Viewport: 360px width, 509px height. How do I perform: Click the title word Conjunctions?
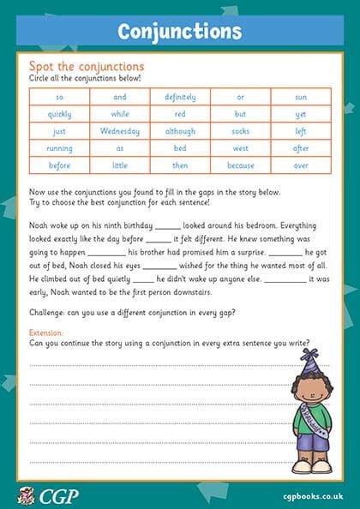click(180, 31)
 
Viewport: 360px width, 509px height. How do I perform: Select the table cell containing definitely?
click(180, 98)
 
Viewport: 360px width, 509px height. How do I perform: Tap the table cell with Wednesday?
click(120, 131)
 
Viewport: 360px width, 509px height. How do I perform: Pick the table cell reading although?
click(180, 131)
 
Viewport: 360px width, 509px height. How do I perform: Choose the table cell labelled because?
click(240, 165)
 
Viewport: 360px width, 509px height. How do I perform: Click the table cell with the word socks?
click(240, 131)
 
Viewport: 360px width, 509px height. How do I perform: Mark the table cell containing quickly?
click(60, 114)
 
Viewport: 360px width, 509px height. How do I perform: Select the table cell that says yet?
click(301, 114)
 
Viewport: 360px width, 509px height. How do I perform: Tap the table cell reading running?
click(60, 148)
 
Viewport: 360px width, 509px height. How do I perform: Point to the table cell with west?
click(240, 148)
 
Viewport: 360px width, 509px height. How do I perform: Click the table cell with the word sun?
click(301, 98)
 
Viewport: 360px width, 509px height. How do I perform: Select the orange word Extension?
click(46, 332)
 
